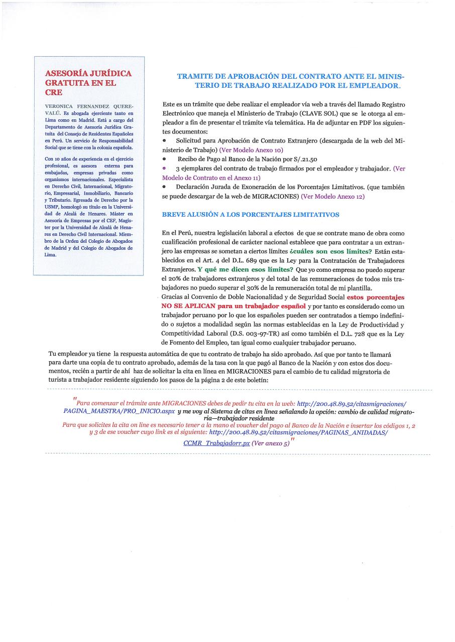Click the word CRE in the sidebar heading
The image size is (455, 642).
[x=54, y=93]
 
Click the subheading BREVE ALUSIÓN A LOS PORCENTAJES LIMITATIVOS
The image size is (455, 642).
[x=251, y=215]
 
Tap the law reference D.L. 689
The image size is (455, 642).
[x=241, y=260]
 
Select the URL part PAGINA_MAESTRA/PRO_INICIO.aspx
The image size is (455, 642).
[x=119, y=411]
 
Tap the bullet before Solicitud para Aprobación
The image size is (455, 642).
[x=165, y=141]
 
